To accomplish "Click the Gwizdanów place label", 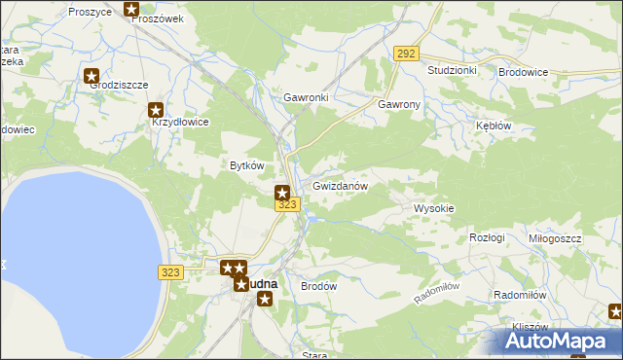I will (x=339, y=186).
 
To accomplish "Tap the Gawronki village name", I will (x=306, y=98).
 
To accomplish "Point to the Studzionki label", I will (x=452, y=71).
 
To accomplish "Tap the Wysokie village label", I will (x=434, y=209).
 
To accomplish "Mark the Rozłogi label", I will (x=487, y=238).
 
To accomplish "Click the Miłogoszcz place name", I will (x=555, y=238).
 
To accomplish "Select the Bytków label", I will (x=246, y=165).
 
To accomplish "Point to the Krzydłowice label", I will (x=180, y=123).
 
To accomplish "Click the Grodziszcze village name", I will (x=119, y=85).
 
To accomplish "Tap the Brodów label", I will (x=318, y=287).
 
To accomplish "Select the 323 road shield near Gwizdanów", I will (x=286, y=204).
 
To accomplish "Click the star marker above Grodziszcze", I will (x=92, y=75).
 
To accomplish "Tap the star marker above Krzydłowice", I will (x=156, y=112).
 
